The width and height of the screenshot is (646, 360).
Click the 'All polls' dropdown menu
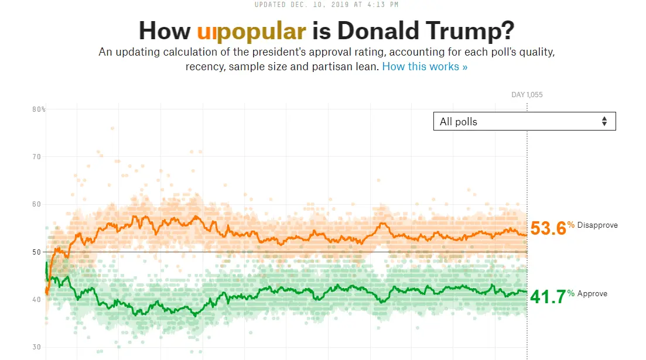click(524, 121)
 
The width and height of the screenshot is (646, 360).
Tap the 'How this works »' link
click(425, 66)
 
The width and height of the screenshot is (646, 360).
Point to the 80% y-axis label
click(39, 109)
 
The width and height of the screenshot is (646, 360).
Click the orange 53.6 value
click(548, 228)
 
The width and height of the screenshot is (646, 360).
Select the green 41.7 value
click(548, 297)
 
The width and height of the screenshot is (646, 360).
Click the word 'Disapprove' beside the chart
click(597, 225)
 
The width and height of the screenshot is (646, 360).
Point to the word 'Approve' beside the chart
click(592, 294)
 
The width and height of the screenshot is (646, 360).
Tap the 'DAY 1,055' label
click(527, 95)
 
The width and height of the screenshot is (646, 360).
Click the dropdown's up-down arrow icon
click(604, 121)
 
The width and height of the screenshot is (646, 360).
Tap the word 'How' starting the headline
click(165, 30)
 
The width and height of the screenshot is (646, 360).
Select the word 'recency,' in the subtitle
click(206, 66)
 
